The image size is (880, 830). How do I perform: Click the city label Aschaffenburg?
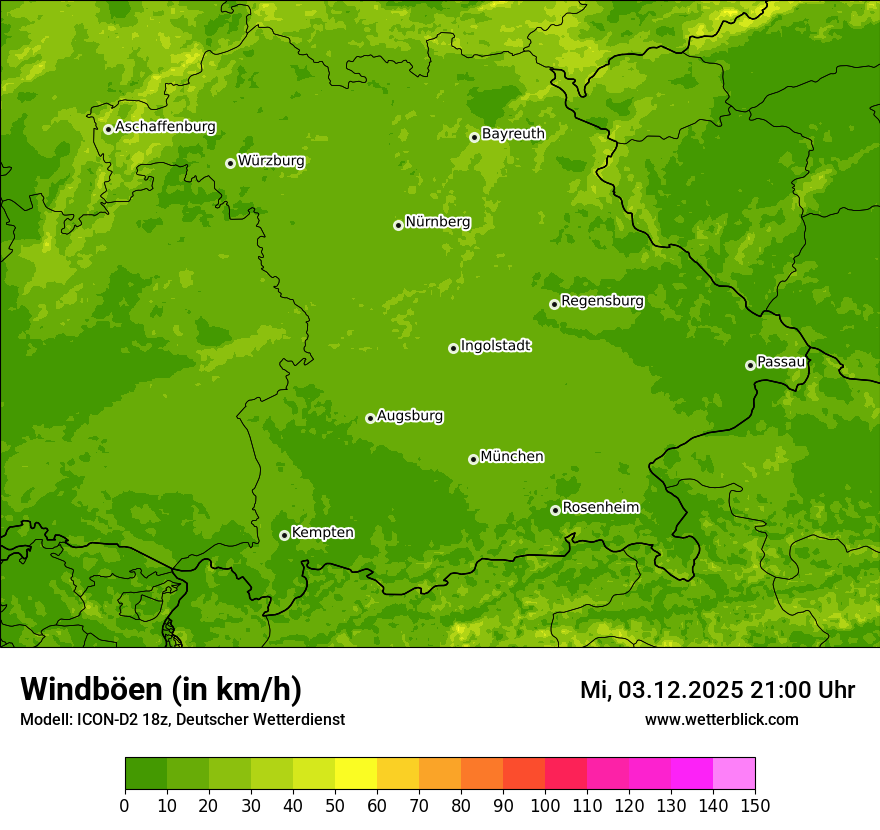pyautogui.click(x=165, y=127)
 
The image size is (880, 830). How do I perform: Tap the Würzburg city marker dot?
pyautogui.click(x=230, y=163)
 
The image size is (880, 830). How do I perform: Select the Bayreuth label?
pyautogui.click(x=513, y=134)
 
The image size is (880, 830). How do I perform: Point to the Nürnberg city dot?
pyautogui.click(x=398, y=225)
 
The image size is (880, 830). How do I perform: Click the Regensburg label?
pyautogui.click(x=602, y=301)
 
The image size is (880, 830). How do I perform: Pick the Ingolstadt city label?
pyautogui.click(x=495, y=346)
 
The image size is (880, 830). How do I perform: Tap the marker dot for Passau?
pyautogui.click(x=750, y=365)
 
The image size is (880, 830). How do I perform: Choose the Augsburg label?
pyautogui.click(x=410, y=416)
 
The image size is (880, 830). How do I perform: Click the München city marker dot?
pyautogui.click(x=473, y=459)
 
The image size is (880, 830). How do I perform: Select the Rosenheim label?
pyautogui.click(x=600, y=508)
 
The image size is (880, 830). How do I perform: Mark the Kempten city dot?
pyautogui.click(x=284, y=535)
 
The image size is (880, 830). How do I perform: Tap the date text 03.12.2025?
pyautogui.click(x=680, y=690)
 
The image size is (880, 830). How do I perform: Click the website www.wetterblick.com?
pyautogui.click(x=721, y=719)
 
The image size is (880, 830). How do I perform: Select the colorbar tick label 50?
pyautogui.click(x=335, y=805)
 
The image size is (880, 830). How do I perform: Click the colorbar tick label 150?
pyautogui.click(x=755, y=805)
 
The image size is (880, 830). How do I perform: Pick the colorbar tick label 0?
pyautogui.click(x=125, y=805)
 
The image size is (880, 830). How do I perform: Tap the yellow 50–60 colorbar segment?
pyautogui.click(x=356, y=774)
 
